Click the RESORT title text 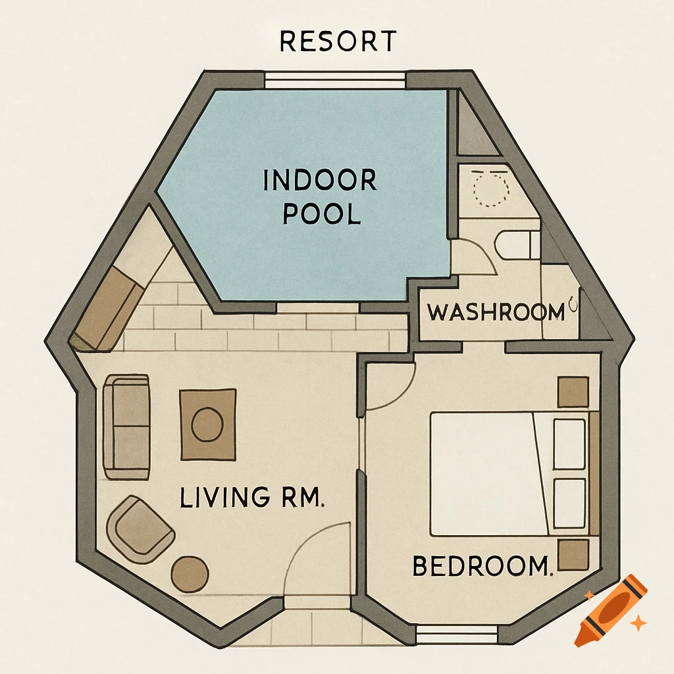(337, 41)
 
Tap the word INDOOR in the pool (320, 180)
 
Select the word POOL (322, 215)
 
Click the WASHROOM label (496, 312)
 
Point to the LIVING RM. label (252, 497)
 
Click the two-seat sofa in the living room (126, 427)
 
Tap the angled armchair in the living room (141, 529)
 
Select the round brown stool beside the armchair (190, 573)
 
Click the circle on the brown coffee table (207, 425)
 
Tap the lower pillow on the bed (569, 504)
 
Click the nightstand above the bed (573, 392)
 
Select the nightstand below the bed (573, 555)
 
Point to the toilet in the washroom (517, 245)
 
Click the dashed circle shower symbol (491, 190)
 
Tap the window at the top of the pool (336, 80)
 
